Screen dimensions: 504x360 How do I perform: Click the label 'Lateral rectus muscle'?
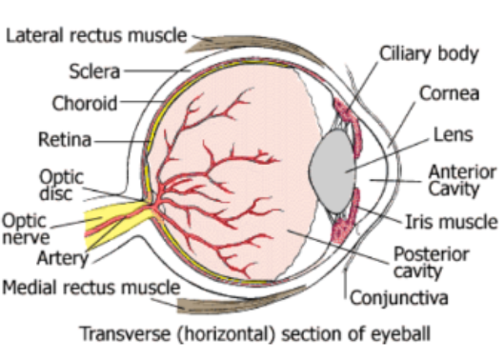coord(96,35)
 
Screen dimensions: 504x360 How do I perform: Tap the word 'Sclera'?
coord(94,71)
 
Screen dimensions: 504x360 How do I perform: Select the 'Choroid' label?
coord(85,103)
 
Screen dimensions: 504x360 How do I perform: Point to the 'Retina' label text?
coord(65,139)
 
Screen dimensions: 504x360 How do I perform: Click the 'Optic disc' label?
coord(61,185)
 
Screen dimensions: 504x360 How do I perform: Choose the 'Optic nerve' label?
coord(26,229)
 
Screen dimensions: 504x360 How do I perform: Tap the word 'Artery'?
coord(63,258)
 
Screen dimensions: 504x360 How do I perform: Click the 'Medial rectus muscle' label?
coord(91,288)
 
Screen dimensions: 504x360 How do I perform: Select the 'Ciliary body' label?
coord(429,54)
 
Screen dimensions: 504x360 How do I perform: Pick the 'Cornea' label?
coord(449,93)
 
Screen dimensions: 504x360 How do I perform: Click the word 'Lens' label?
coord(454,134)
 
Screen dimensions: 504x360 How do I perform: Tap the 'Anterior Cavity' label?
coord(462,180)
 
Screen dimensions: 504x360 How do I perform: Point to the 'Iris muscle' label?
coord(452,222)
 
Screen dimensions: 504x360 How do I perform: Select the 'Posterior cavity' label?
coord(432,262)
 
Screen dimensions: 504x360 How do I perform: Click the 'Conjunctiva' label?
coord(399,298)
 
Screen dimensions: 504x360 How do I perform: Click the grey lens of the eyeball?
coord(333,171)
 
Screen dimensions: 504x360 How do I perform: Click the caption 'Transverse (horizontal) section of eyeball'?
coord(255,334)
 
